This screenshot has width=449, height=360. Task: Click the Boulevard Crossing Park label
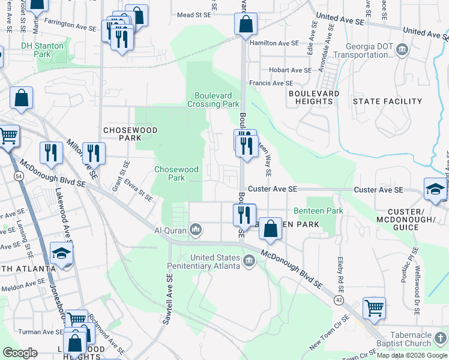click(217, 100)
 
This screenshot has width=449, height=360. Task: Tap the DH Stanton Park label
click(43, 49)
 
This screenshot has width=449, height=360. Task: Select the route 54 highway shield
click(19, 176)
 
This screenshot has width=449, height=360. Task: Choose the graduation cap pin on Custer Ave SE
click(435, 189)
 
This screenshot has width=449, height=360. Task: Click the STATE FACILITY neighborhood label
click(387, 101)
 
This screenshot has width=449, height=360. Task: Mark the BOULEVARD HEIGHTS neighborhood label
click(314, 98)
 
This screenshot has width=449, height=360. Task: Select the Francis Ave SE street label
click(272, 83)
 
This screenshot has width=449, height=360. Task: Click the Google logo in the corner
click(20, 353)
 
